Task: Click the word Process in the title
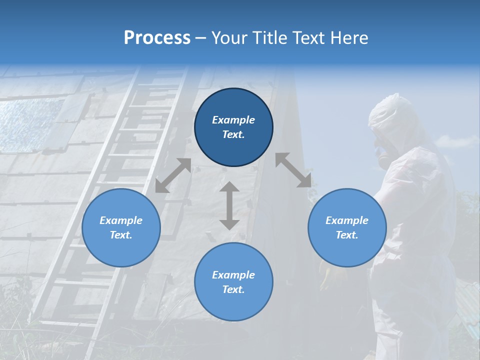coord(157,38)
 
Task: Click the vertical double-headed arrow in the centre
coord(229,205)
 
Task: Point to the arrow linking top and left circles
coord(173,175)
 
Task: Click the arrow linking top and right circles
coord(293,170)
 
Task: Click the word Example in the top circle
coord(233,120)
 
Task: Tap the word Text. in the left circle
coord(121,235)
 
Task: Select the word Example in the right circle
coord(347,220)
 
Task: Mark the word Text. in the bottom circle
coord(233,289)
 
